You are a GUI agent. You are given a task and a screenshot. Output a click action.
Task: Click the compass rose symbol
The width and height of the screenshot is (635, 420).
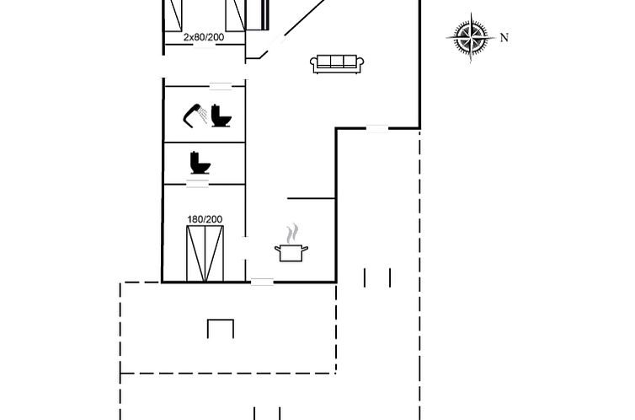(471, 38)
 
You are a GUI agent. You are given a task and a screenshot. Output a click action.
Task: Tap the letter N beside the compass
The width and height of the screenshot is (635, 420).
(504, 38)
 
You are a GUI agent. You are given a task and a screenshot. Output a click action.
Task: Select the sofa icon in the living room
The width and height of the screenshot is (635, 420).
(337, 64)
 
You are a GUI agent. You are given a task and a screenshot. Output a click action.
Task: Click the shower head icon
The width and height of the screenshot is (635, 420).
(195, 116)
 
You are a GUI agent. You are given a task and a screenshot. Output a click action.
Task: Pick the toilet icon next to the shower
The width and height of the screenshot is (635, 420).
(221, 116)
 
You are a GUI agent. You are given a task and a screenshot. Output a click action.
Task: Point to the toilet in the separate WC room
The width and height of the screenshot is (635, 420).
(200, 163)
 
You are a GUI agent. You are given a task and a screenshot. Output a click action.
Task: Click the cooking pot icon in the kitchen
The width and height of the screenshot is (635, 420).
(291, 253)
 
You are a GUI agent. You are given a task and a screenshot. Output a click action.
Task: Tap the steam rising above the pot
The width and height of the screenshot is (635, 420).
(292, 233)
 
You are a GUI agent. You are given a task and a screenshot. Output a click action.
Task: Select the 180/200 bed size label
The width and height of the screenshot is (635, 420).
(205, 219)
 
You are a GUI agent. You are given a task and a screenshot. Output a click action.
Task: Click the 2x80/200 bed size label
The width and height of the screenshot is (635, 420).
(204, 37)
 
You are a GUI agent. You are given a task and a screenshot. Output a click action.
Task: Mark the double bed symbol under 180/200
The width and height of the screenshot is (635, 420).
(205, 253)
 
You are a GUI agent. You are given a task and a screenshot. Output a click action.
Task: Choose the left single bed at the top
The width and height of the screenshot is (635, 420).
(173, 15)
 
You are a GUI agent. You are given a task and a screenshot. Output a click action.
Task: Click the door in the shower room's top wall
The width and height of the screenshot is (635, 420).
(221, 86)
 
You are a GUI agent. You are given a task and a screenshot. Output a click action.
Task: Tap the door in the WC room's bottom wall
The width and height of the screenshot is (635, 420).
(198, 184)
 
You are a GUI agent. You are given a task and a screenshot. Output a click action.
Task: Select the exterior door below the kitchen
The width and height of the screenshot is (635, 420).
(262, 282)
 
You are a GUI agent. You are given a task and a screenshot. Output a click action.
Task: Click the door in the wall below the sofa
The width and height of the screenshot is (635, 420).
(377, 128)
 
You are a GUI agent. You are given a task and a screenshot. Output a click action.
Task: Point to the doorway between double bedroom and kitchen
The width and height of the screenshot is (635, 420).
(245, 248)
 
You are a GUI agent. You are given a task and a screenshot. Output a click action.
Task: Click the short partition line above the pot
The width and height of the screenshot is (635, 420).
(311, 198)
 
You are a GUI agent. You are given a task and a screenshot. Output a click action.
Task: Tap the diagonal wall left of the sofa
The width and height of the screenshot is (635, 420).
(292, 29)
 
